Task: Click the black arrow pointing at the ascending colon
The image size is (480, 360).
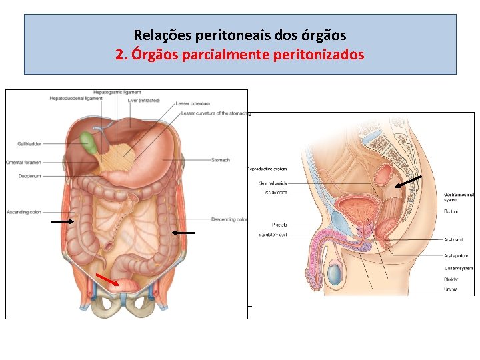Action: pos(63,220)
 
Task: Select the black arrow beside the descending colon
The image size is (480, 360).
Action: pos(183,233)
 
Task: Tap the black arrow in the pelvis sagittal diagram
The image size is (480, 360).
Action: pos(407,181)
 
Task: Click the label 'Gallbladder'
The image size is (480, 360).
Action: pos(29,144)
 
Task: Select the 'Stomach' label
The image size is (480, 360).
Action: pos(221,160)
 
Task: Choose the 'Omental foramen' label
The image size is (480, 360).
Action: pos(24,163)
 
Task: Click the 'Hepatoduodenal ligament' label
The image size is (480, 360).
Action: pos(76,99)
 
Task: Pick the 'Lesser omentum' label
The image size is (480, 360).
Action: pos(193,104)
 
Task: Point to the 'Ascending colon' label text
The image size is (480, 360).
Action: pos(24,212)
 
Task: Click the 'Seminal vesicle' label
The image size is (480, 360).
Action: pos(273,183)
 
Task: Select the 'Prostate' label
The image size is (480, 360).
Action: pos(279,225)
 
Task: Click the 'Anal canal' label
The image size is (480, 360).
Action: pos(453,240)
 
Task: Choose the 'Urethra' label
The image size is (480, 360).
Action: pos(451,289)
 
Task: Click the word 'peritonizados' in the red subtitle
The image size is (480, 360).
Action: pos(319,55)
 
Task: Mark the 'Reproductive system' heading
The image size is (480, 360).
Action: pos(267,169)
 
